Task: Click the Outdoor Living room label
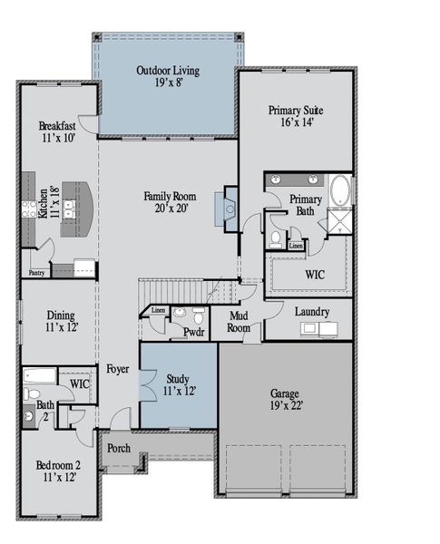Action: point(168,76)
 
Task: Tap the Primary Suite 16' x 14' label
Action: point(296,116)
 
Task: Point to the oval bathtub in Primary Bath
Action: point(340,190)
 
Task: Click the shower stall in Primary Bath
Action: point(339,221)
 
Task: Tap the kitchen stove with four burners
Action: point(29,209)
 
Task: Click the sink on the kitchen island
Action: point(69,209)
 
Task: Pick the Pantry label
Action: point(36,273)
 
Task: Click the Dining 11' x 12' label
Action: point(61,321)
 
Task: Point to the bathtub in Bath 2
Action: point(40,375)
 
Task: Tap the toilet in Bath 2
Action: point(31,393)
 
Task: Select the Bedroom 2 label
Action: point(59,471)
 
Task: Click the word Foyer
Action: point(118,369)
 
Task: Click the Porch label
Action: point(119,448)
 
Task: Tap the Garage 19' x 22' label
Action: point(287,399)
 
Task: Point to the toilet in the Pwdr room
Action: point(199,315)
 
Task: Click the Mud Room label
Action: point(239,322)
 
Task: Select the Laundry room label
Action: point(312,312)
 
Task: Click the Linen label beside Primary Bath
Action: point(296,246)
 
